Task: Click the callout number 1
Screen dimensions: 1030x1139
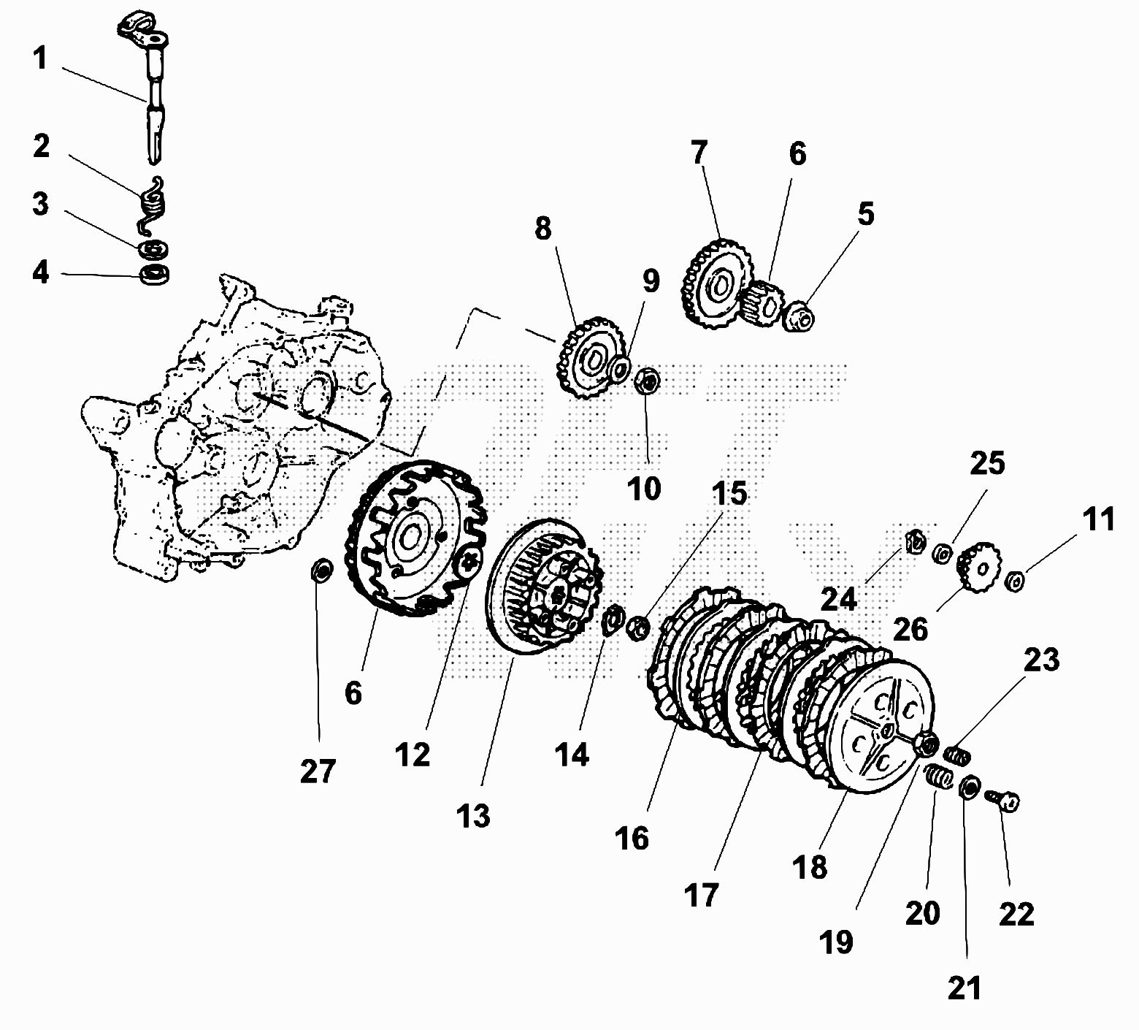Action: (x=39, y=58)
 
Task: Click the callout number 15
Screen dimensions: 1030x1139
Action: (x=729, y=495)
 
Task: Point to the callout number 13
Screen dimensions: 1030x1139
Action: (x=474, y=815)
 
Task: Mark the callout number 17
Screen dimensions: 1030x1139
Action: (x=701, y=894)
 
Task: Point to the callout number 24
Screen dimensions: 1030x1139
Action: (x=838, y=598)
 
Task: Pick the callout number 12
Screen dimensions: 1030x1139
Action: (x=413, y=755)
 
